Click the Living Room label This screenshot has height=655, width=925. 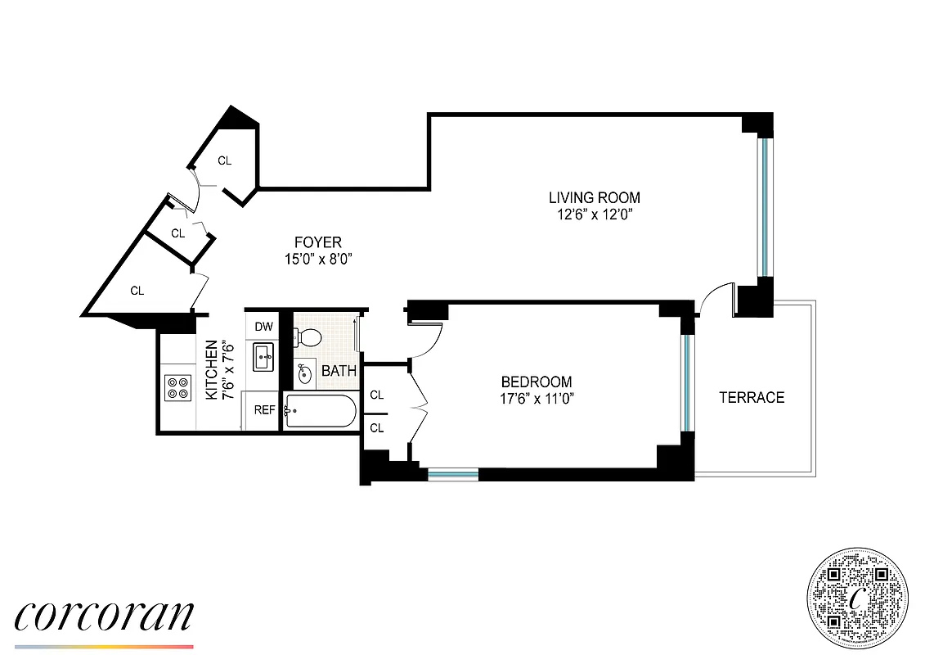pyautogui.click(x=594, y=197)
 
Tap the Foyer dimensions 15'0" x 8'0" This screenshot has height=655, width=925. pyautogui.click(x=318, y=260)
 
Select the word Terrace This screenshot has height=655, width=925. pyautogui.click(x=751, y=397)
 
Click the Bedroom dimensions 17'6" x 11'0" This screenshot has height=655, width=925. pyautogui.click(x=537, y=400)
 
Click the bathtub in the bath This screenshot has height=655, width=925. pyautogui.click(x=320, y=411)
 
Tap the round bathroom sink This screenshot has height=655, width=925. pyautogui.click(x=305, y=374)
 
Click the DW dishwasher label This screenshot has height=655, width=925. pyautogui.click(x=263, y=327)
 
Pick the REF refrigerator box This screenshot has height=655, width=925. pyautogui.click(x=264, y=410)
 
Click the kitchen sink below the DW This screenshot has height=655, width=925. pyautogui.click(x=263, y=356)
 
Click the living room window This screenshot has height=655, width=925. pyautogui.click(x=763, y=208)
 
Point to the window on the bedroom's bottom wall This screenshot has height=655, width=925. pyautogui.click(x=453, y=473)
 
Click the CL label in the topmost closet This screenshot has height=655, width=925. pyautogui.click(x=225, y=161)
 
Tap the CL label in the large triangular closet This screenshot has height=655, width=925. pyautogui.click(x=137, y=291)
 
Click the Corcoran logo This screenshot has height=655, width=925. pyautogui.click(x=104, y=616)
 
